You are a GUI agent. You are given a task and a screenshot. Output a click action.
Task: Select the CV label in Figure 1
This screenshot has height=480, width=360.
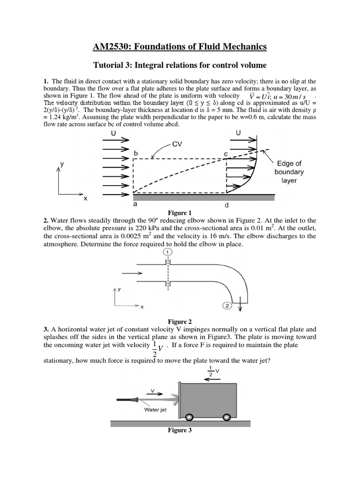(177, 144)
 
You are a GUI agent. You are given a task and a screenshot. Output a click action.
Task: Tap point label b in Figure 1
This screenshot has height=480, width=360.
(135, 153)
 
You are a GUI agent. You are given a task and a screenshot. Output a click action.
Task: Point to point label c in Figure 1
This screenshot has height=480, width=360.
(225, 153)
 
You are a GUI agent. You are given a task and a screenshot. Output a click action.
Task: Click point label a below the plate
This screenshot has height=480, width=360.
(135, 205)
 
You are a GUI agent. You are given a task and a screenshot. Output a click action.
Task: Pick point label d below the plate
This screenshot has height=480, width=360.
(227, 205)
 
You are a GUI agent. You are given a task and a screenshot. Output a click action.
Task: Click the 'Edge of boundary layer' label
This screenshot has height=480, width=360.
(289, 172)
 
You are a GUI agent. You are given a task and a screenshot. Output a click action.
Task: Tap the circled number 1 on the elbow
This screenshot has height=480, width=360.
(167, 252)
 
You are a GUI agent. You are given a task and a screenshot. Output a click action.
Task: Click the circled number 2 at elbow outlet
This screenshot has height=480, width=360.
(226, 306)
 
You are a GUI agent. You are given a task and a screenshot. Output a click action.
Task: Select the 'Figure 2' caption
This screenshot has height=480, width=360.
(180, 322)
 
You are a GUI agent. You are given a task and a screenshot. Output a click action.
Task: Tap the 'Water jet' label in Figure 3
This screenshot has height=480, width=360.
(155, 409)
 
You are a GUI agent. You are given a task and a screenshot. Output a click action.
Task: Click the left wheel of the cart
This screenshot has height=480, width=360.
(189, 416)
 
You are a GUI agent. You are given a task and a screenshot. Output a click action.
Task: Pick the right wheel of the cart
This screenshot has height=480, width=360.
(227, 416)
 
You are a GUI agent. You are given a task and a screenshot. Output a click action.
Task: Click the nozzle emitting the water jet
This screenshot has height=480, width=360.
(127, 400)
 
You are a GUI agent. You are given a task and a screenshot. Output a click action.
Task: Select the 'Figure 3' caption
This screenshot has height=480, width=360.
(180, 431)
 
